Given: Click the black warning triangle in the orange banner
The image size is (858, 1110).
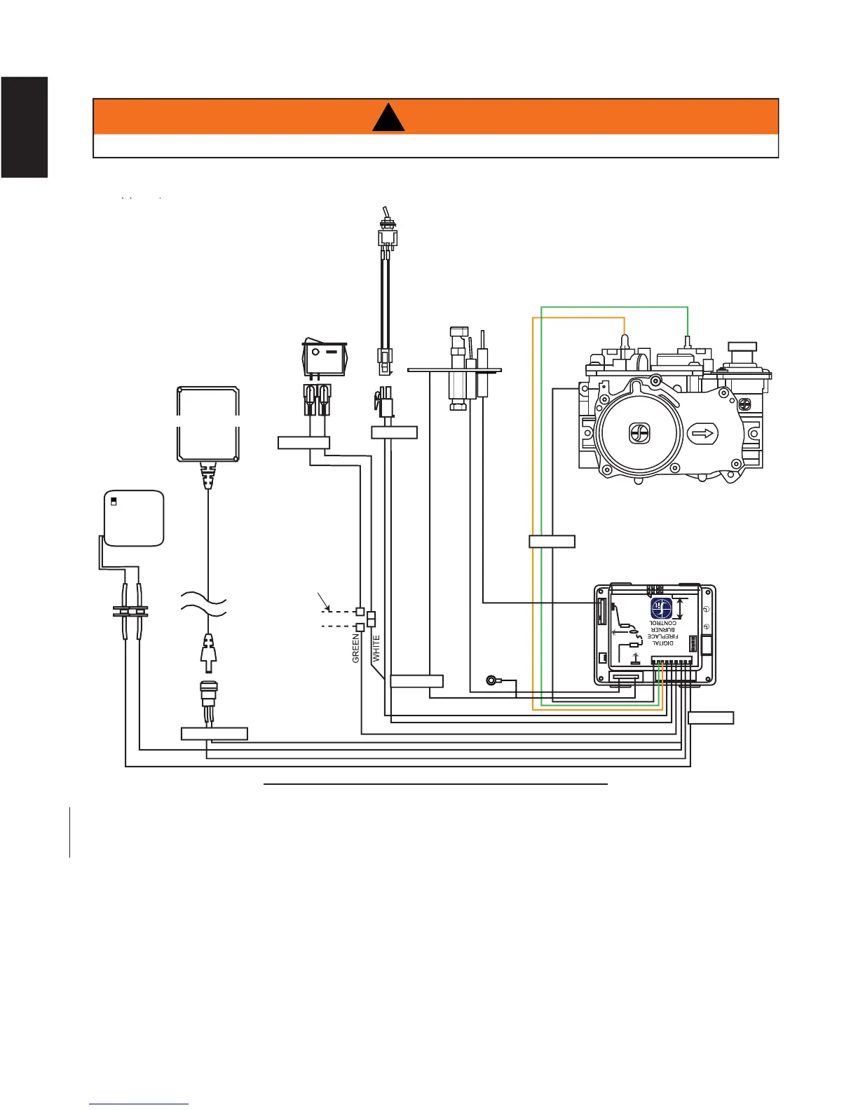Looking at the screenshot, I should tap(388, 118).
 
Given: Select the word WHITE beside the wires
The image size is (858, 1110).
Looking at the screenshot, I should tap(376, 648).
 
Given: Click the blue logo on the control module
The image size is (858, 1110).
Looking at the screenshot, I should tap(662, 608).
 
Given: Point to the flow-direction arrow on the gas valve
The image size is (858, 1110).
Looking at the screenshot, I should tap(703, 434).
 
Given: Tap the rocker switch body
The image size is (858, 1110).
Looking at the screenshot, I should tap(324, 357).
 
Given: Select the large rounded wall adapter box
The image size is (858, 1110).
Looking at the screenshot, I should tap(207, 424).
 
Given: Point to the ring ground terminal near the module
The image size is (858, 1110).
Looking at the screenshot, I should tap(493, 679).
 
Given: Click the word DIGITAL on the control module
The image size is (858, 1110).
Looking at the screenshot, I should tap(662, 643).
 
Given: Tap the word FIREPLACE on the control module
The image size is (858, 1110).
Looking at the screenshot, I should tap(662, 636).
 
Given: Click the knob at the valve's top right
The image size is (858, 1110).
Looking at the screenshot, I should tap(742, 346).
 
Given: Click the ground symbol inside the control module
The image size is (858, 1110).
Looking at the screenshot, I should tap(636, 657).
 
